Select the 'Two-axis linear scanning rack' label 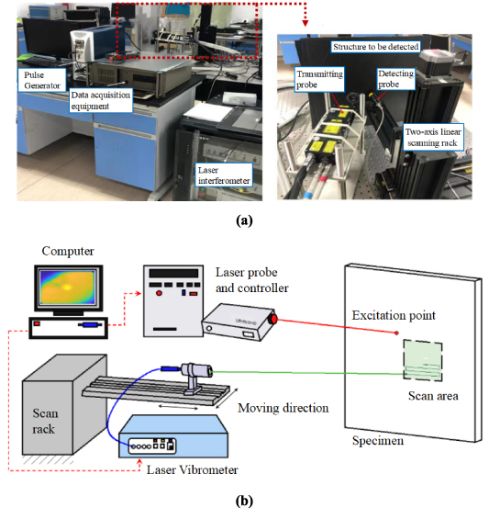439,139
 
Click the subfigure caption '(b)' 244,498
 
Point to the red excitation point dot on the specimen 396,333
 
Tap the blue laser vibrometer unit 172,437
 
